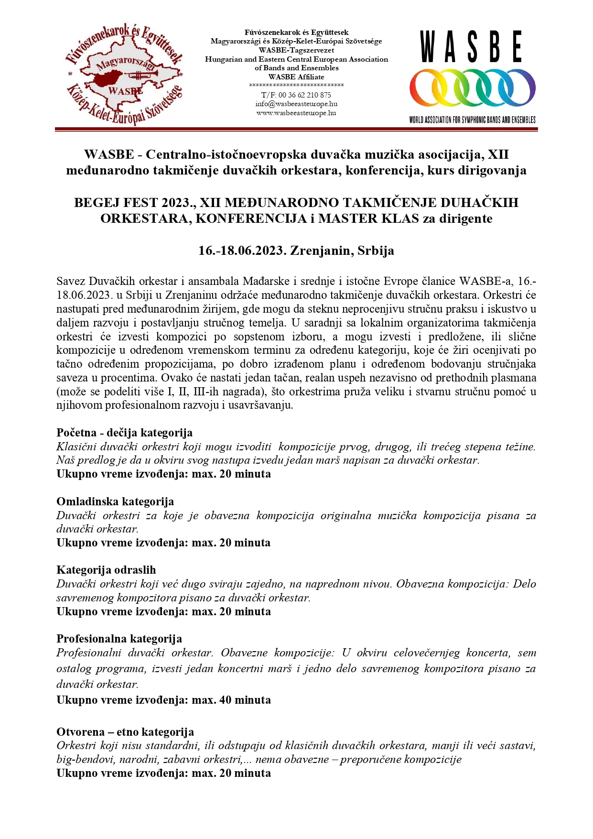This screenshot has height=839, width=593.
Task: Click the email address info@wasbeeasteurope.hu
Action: (x=296, y=104)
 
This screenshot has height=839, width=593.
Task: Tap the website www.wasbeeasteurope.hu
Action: (x=296, y=113)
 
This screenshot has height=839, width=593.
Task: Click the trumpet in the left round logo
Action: (x=142, y=75)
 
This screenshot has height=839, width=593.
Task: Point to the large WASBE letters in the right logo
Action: (x=471, y=47)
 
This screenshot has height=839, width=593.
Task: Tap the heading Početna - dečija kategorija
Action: (x=124, y=433)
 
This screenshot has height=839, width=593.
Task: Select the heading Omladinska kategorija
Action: (x=115, y=501)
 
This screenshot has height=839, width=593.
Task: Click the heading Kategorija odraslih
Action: (x=106, y=570)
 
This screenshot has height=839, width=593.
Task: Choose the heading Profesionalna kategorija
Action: (x=119, y=639)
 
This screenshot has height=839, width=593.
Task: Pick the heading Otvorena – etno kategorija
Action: (x=125, y=732)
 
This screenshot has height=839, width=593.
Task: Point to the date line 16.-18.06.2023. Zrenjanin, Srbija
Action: (x=296, y=251)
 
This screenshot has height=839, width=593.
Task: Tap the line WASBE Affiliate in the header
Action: (x=296, y=76)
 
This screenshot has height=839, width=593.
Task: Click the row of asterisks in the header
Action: (x=296, y=86)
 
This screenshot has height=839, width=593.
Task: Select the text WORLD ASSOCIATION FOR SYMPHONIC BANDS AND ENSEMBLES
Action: (x=472, y=120)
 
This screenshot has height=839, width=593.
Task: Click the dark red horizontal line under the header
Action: (x=296, y=129)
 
